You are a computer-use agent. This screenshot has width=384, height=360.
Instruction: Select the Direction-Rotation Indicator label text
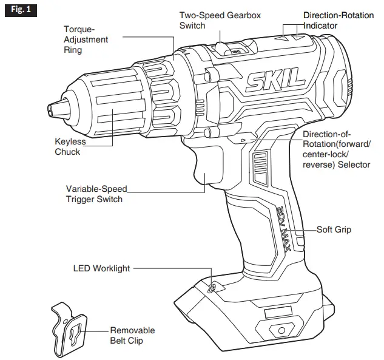[339, 20]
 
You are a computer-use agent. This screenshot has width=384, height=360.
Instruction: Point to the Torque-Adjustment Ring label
[86, 39]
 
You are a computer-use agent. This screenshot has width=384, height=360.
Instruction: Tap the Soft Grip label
[334, 230]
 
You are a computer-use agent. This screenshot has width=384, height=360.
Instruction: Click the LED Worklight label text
[101, 268]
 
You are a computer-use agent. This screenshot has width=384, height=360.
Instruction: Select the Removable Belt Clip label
[132, 336]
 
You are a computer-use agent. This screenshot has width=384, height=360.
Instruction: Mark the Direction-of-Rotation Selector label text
[337, 149]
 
